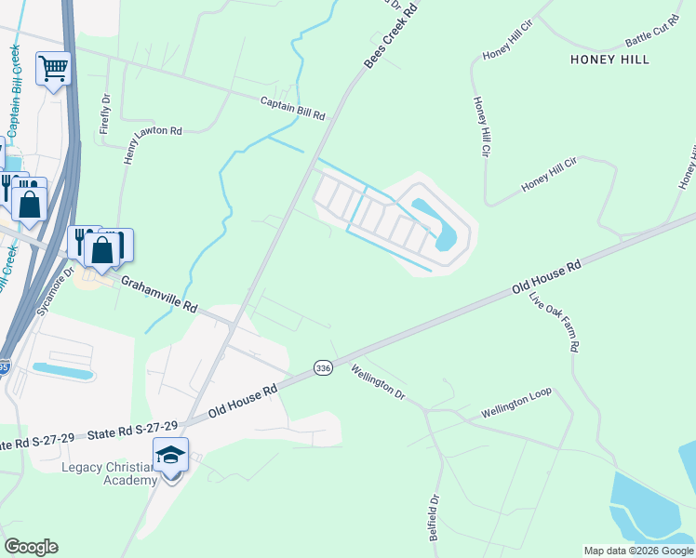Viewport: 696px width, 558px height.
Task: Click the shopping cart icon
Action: [54, 68]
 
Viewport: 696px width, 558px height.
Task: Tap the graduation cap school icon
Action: [170, 455]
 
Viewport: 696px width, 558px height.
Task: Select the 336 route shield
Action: [323, 368]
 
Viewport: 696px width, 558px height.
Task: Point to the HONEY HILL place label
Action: [609, 60]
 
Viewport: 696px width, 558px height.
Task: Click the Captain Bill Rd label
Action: [292, 109]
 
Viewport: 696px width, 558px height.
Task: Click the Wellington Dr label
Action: [378, 381]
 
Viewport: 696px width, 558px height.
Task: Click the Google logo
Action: [31, 547]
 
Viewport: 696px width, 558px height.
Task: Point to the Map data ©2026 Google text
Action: [638, 551]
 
